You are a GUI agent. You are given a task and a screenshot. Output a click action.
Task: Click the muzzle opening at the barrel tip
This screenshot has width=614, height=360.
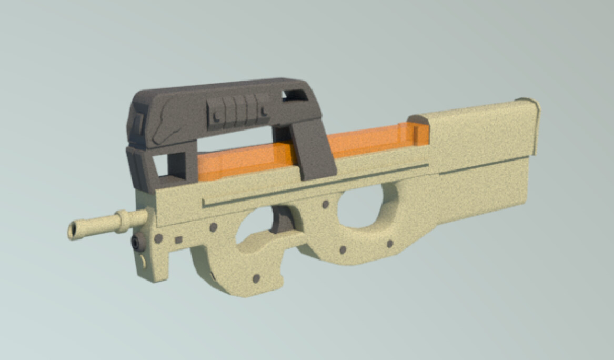(73, 231)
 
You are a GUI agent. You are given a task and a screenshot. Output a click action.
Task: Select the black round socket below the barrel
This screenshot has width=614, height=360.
(138, 242)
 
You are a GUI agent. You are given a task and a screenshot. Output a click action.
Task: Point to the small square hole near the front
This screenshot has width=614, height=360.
(178, 240)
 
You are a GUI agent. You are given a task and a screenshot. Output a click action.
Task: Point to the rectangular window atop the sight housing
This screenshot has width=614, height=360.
(294, 95)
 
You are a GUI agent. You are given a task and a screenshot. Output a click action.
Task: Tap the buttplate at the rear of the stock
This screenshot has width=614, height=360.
(534, 126)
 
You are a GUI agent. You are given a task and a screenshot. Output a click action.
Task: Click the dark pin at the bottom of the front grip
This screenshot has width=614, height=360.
(256, 278)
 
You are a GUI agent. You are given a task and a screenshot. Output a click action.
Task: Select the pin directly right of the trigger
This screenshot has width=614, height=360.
(326, 204)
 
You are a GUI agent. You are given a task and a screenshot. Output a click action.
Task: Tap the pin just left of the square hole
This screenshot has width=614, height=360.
(158, 238)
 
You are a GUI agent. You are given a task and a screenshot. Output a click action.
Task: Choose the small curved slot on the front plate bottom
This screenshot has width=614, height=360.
(143, 261)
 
